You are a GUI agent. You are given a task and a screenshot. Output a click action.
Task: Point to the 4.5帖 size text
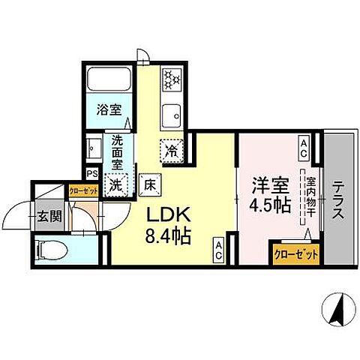269,205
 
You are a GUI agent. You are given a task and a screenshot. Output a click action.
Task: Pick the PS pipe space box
91,173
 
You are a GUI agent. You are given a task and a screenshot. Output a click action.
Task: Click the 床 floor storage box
149,183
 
